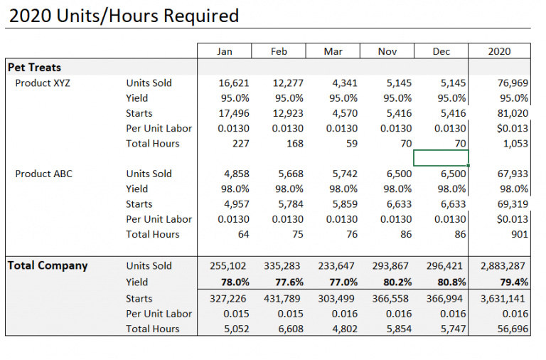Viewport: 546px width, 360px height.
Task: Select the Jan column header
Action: pyautogui.click(x=224, y=51)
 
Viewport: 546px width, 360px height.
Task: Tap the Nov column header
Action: pyautogui.click(x=387, y=51)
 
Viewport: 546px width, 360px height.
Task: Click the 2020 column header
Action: pyautogui.click(x=499, y=51)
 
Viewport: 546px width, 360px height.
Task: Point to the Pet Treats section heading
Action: pyautogui.click(x=34, y=68)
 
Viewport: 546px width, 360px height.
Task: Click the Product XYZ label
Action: pyautogui.click(x=43, y=83)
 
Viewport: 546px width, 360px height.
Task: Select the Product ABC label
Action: pyautogui.click(x=43, y=174)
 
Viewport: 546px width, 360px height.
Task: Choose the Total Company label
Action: pyautogui.click(x=48, y=265)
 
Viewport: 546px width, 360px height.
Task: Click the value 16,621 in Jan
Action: pyautogui.click(x=233, y=83)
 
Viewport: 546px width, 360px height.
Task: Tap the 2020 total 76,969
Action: pyautogui.click(x=512, y=83)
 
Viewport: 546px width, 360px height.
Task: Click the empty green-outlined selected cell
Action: pyautogui.click(x=441, y=158)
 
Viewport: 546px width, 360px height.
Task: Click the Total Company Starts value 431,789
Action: pyautogui.click(x=284, y=299)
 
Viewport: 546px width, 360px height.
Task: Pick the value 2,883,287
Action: pyautogui.click(x=504, y=266)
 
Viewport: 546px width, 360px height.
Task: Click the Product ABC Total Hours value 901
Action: pyautogui.click(x=519, y=234)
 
